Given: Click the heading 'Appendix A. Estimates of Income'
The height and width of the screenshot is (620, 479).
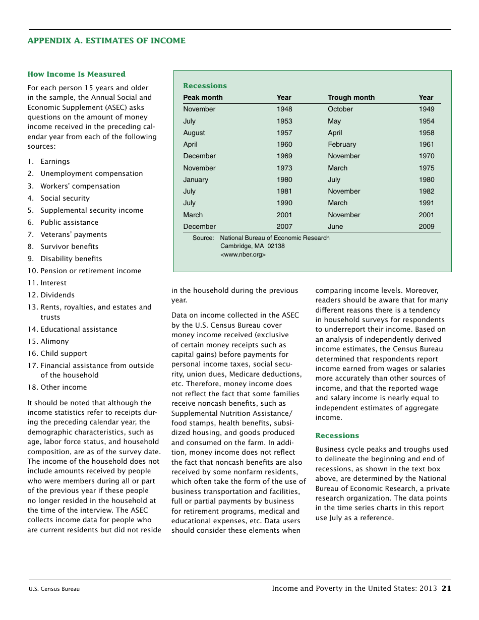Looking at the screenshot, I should pos(106,41).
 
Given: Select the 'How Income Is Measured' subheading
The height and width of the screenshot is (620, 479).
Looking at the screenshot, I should pos(76,74).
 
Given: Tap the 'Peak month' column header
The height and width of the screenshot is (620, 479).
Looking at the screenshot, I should pos(203,97).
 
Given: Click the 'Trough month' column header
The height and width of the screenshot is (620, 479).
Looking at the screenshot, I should pos(351,97).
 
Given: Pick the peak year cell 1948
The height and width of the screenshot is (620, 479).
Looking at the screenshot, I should pos(284,109).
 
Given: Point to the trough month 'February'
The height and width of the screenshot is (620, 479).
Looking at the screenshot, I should pos(342,144).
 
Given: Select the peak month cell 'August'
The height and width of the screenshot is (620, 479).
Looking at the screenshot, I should pos(194,133).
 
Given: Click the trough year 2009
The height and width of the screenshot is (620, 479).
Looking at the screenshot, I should pos(426,226).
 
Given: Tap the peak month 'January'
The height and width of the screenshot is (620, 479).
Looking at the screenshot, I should pos(196,179).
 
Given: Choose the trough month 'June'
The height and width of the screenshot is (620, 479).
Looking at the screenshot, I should pos(335,226).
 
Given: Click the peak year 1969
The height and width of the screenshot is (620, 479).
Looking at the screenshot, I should pos(284,156).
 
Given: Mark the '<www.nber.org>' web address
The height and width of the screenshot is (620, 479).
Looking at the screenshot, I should pos(243,255).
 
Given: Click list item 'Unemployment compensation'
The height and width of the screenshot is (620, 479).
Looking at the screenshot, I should pos(91,173).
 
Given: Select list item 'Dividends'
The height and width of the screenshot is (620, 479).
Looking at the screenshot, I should pos(57,295).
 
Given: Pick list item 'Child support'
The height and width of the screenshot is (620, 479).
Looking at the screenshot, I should pos(64,353).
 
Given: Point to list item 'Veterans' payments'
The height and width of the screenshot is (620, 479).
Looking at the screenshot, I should pos(74,234).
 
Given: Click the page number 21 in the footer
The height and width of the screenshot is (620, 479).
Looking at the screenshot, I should pos(446,588).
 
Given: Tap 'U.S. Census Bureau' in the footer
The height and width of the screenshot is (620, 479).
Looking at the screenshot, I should pos(54,589).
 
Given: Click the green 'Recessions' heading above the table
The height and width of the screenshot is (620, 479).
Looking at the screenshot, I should pos(205,86).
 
